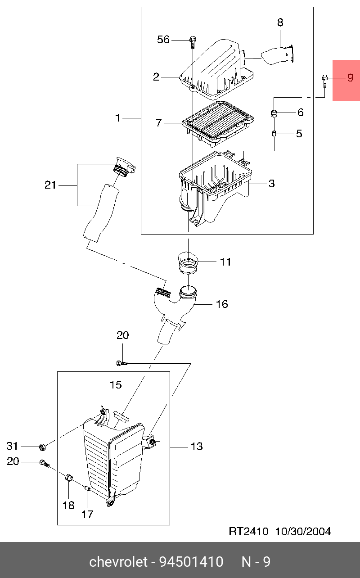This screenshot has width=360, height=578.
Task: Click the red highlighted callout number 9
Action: point(350,77)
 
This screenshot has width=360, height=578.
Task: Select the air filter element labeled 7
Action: point(218,123)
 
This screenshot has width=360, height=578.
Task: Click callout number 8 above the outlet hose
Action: point(280,23)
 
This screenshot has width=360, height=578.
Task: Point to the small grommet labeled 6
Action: point(274,113)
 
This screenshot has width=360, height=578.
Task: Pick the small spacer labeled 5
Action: point(274,134)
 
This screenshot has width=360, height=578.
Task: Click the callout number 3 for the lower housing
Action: point(271,184)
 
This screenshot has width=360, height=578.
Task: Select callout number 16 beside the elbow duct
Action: point(222,304)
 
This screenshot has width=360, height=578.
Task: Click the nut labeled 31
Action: point(43,447)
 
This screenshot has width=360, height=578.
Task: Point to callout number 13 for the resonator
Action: point(197,446)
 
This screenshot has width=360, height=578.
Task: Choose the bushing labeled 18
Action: point(69,478)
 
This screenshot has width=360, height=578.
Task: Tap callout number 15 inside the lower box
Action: point(116,385)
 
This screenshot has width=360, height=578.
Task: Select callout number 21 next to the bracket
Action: point(50,185)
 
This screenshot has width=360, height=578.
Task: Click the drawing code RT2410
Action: point(248,531)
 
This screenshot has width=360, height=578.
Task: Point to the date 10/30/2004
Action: point(303,531)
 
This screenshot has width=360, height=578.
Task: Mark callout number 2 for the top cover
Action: point(156,77)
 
